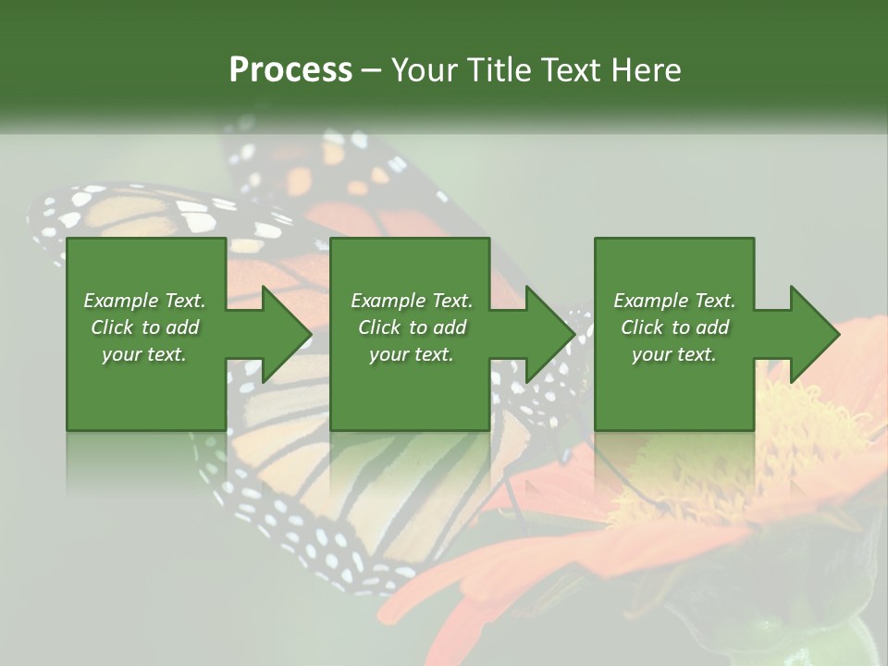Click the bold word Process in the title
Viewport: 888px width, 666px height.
290,70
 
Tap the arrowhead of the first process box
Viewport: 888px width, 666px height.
285,334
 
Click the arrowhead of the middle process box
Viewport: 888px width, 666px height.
549,334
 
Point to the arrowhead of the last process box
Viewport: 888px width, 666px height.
813,334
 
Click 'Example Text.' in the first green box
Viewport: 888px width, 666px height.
144,301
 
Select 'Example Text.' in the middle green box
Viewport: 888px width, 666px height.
411,301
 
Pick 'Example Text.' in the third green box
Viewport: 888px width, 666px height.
674,301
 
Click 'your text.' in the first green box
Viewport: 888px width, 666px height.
144,354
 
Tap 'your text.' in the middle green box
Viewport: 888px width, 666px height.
411,354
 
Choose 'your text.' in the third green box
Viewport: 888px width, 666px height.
674,354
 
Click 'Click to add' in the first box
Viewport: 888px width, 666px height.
144,327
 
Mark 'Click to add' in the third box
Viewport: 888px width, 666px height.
674,327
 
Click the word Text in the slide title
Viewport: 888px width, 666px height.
573,70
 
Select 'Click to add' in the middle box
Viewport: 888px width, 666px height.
411,327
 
